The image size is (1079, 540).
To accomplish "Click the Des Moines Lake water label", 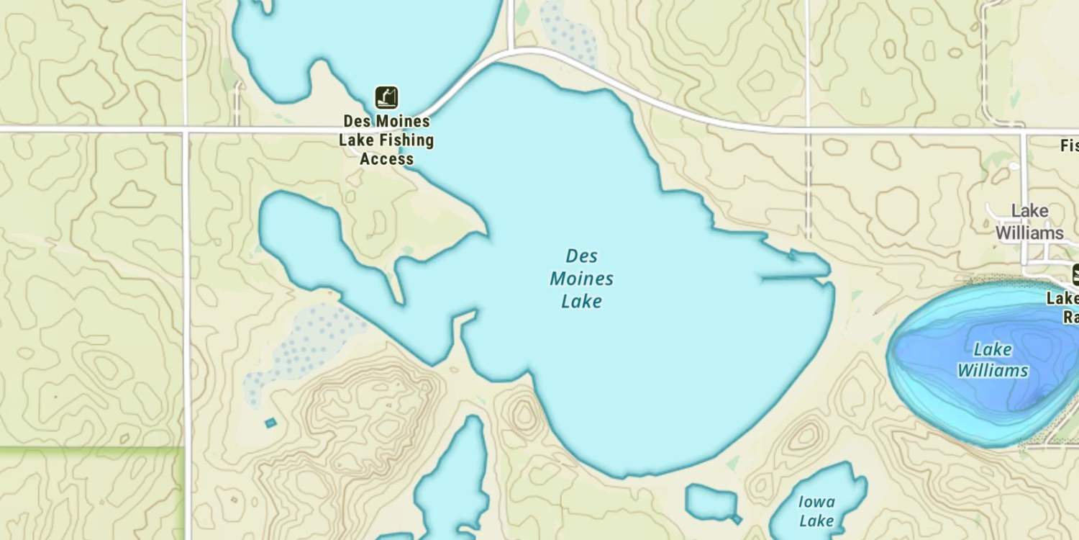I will pos(581,279).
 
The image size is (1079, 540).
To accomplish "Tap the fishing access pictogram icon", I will pos(386,97).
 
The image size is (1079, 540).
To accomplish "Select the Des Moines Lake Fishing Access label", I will pos(386,140).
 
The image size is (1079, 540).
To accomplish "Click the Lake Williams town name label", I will pos(1029,222).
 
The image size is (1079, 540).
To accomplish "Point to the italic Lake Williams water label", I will pos(993,360).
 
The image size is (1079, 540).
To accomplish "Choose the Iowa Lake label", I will pos(816,511).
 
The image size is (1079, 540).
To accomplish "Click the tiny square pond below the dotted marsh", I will pos(270,423).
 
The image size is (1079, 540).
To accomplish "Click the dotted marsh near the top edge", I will pos(570,32).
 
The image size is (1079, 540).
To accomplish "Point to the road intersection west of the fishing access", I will pos(186,130).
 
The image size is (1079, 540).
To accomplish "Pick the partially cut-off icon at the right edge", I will pos(1075,275).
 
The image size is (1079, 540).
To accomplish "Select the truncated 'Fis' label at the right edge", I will pos(1070,145).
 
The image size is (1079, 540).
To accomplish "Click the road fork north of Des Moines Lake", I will pos(511,50).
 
